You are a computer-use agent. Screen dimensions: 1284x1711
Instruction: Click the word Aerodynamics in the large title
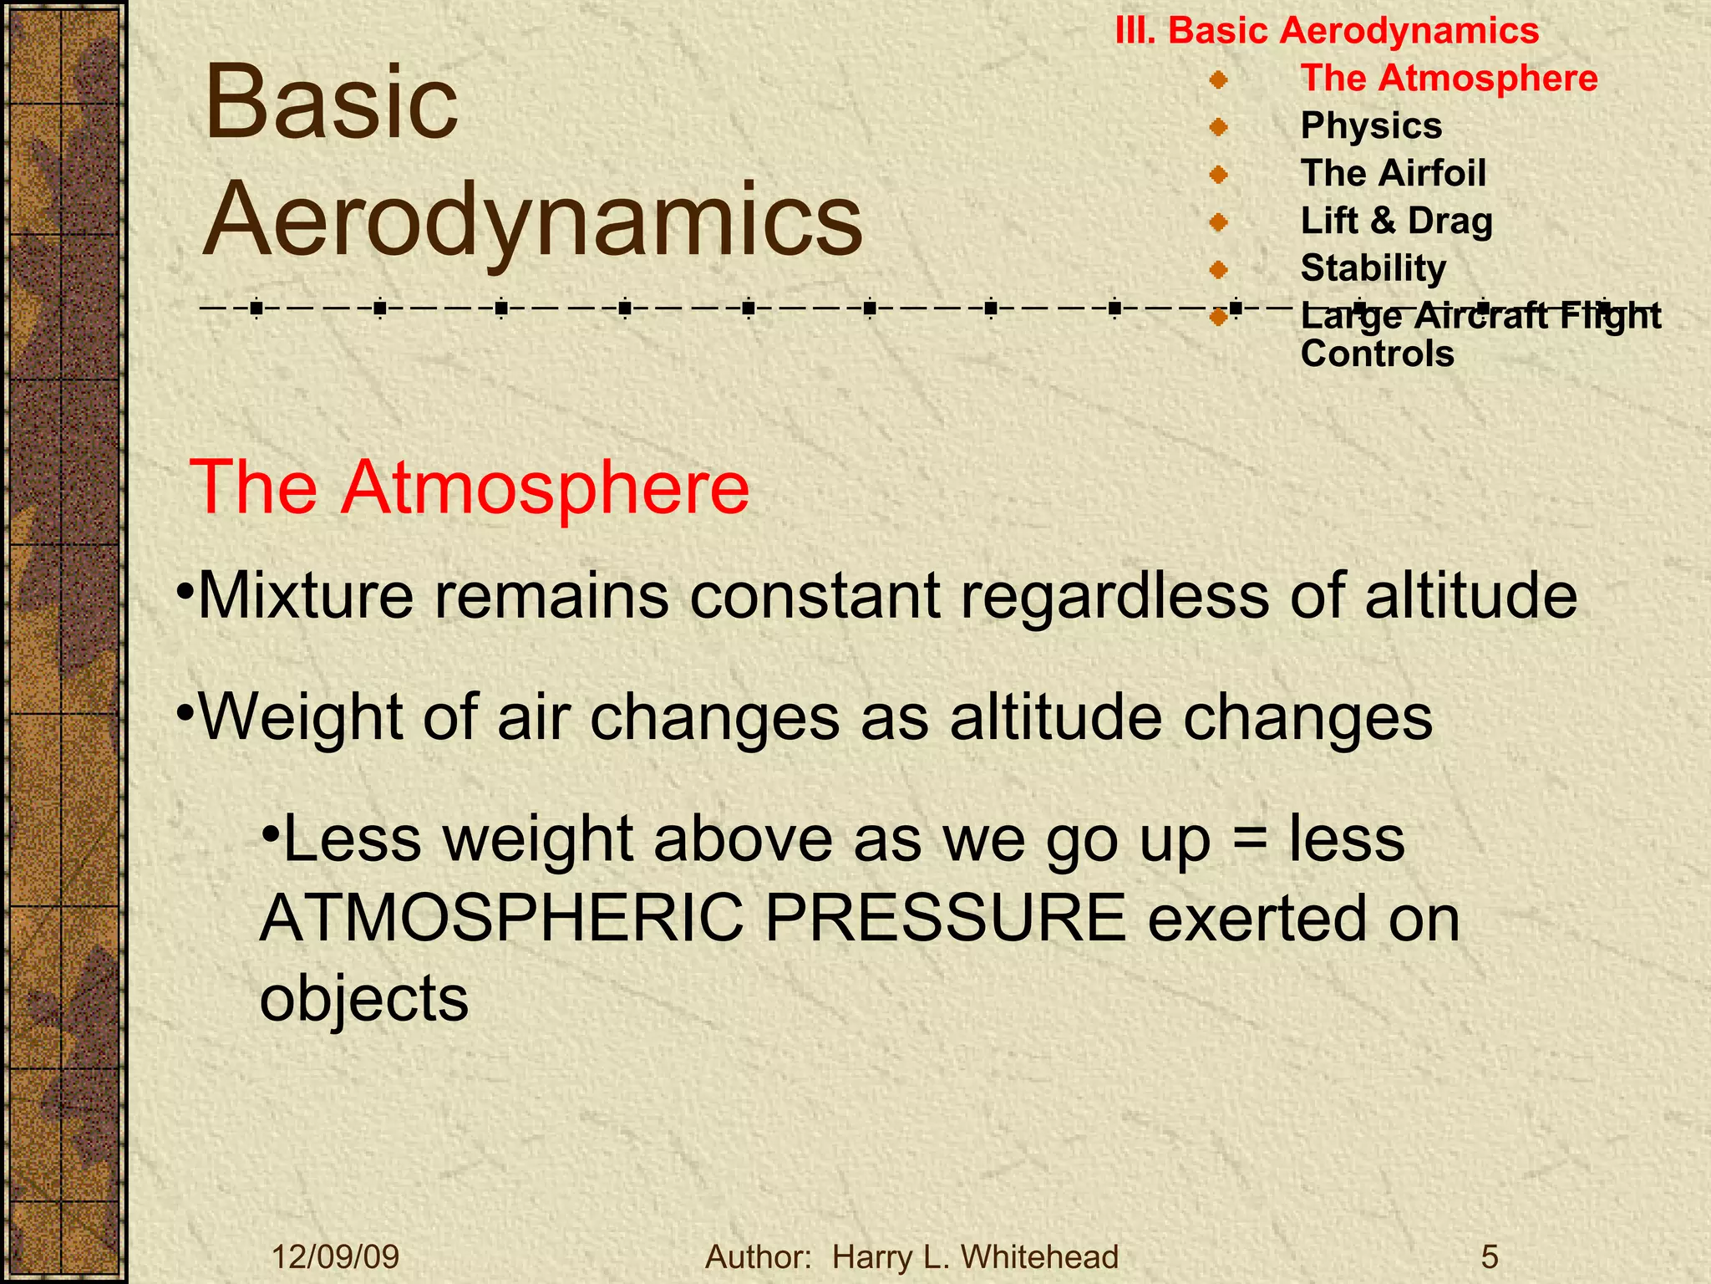pyautogui.click(x=533, y=221)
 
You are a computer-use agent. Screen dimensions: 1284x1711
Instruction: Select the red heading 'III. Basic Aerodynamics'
pyautogui.click(x=1327, y=31)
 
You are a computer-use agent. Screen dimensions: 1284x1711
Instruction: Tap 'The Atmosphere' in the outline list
pyautogui.click(x=1449, y=79)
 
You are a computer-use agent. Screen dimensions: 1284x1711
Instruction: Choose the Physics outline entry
pyautogui.click(x=1371, y=126)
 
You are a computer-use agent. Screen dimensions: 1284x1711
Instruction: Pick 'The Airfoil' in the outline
pyautogui.click(x=1393, y=174)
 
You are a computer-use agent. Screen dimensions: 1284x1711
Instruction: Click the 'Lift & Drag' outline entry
pyautogui.click(x=1396, y=222)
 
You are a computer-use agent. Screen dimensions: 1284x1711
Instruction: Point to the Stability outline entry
pyautogui.click(x=1373, y=269)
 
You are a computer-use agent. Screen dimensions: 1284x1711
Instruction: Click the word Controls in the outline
pyautogui.click(x=1377, y=354)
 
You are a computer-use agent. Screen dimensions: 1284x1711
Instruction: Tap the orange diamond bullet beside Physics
pyautogui.click(x=1218, y=127)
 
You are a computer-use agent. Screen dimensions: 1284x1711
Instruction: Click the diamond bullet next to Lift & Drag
pyautogui.click(x=1218, y=222)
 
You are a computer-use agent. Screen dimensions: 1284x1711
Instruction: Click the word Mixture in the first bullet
pyautogui.click(x=305, y=596)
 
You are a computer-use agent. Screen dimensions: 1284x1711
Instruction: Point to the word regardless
pyautogui.click(x=1115, y=598)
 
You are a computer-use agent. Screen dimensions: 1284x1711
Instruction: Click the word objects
pyautogui.click(x=364, y=999)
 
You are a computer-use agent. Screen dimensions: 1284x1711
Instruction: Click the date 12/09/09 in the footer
pyautogui.click(x=336, y=1257)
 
